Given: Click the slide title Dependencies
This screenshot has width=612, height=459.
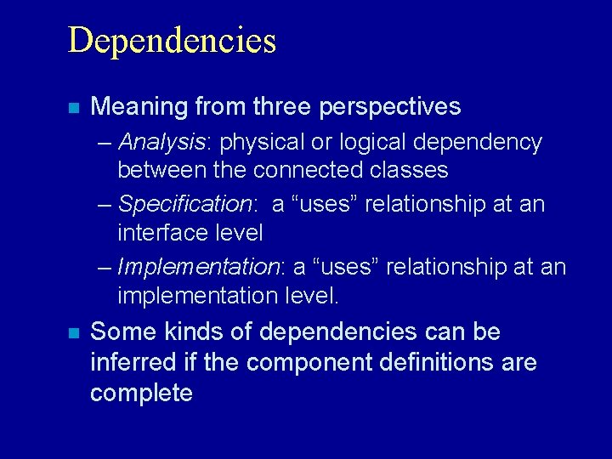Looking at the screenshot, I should pyautogui.click(x=172, y=41).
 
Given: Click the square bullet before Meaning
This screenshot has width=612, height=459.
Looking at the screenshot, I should pyautogui.click(x=74, y=108).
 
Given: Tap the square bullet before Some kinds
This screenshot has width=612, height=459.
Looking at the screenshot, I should pyautogui.click(x=74, y=333).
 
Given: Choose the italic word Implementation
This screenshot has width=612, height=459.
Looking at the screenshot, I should pyautogui.click(x=198, y=267).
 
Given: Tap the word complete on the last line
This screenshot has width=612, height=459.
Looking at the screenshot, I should pyautogui.click(x=141, y=394).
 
